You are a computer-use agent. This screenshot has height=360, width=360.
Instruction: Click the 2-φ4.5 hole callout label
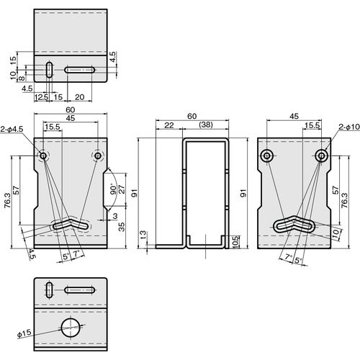(12, 129)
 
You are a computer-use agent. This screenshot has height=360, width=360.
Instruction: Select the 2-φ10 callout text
(349, 127)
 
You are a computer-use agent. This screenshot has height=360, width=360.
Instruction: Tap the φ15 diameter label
(24, 333)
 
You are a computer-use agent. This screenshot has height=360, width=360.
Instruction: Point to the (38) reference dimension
(206, 125)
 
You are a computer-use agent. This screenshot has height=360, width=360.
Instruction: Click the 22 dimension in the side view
(169, 125)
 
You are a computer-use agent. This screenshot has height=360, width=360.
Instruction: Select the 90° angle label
(113, 189)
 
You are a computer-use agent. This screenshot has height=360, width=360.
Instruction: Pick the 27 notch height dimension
(122, 189)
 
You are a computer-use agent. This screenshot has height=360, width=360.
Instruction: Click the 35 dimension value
(122, 227)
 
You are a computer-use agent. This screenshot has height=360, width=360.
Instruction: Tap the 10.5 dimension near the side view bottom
(235, 242)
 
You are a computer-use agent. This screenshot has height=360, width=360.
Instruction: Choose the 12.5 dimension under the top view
(42, 97)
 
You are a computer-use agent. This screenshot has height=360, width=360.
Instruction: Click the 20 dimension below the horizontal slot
(79, 97)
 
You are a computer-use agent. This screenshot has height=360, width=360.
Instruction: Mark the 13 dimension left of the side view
(143, 235)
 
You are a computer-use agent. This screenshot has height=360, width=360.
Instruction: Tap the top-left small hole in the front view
(43, 156)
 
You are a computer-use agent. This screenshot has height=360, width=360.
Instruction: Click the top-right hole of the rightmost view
(321, 156)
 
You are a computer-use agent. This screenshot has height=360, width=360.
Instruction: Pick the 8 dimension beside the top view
(22, 78)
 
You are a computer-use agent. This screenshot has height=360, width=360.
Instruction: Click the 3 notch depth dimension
(115, 216)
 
